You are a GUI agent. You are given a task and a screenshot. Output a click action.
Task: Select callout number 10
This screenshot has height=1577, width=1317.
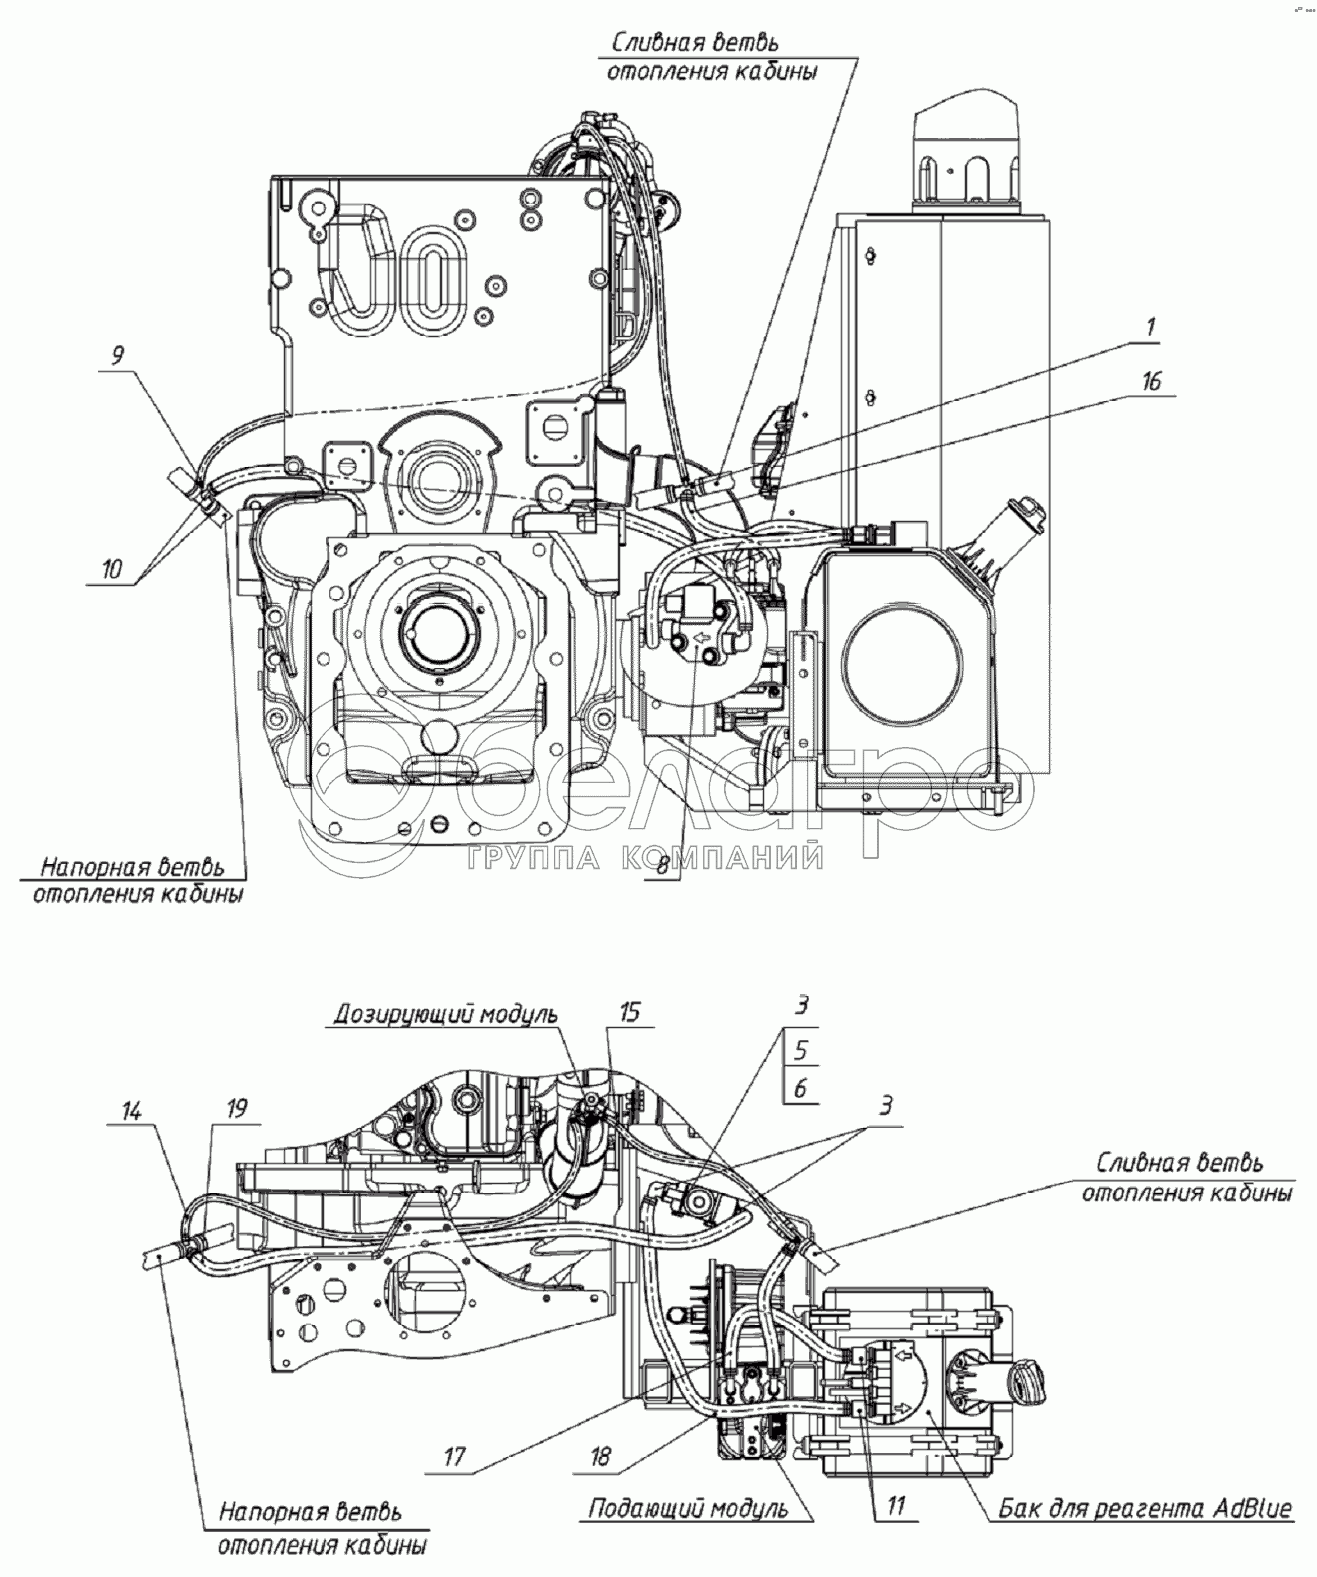pyautogui.click(x=111, y=569)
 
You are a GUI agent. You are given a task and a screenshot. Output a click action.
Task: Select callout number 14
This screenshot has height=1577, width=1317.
pyautogui.click(x=132, y=1109)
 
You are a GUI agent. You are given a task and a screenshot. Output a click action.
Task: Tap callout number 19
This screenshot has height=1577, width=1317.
pyautogui.click(x=236, y=1108)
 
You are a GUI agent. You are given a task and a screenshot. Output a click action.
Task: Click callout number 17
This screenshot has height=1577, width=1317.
pyautogui.click(x=454, y=1457)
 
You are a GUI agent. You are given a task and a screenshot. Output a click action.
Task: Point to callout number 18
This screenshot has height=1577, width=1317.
pyautogui.click(x=599, y=1457)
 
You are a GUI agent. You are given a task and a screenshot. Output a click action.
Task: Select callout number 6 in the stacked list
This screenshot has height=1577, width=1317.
pyautogui.click(x=800, y=1087)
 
